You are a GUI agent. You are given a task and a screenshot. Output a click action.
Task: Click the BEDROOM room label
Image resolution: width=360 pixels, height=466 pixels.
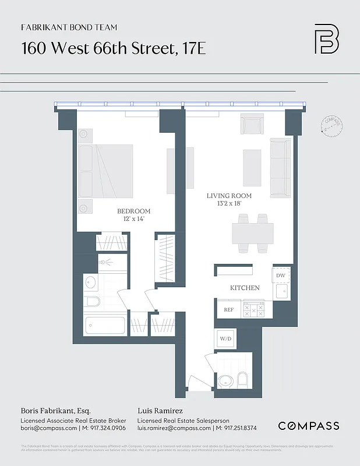point(133,211)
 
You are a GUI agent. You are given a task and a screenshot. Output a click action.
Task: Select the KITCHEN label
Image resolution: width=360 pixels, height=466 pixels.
point(245,288)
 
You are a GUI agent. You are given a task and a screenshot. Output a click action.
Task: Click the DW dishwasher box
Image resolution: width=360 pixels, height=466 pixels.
point(281,275)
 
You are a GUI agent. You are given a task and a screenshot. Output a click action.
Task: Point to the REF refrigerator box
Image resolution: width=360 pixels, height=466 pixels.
point(229,310)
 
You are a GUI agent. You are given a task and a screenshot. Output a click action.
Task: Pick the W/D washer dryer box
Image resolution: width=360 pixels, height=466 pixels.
point(225,338)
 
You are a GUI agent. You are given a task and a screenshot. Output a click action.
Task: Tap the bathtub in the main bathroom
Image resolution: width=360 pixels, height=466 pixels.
point(104,325)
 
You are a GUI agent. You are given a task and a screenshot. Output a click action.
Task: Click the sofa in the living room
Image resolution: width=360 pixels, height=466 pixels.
point(281,168)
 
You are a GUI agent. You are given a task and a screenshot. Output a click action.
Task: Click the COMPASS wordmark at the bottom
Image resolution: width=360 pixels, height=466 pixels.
point(309,426)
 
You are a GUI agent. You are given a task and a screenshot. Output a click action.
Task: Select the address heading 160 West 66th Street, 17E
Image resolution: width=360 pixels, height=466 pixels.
point(114,48)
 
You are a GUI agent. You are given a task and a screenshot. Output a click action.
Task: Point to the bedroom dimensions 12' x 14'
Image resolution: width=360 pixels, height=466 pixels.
point(133,218)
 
